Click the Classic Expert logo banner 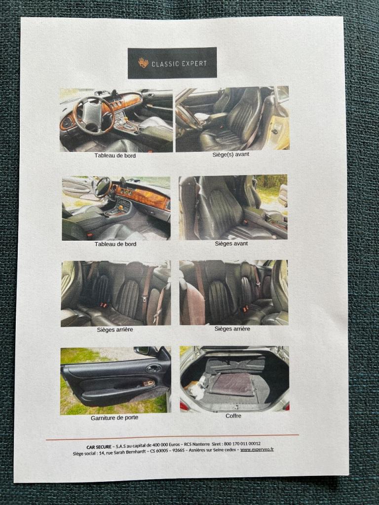172,63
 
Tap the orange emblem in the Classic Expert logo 144,63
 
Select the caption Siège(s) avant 231,154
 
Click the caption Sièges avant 231,244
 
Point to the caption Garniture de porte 114,418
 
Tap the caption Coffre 233,416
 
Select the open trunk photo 234,379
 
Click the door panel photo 115,381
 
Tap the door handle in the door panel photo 154,368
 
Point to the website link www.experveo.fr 257,449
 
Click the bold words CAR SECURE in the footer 99,447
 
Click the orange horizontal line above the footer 172,437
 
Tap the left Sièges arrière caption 114,330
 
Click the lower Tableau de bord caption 115,244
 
